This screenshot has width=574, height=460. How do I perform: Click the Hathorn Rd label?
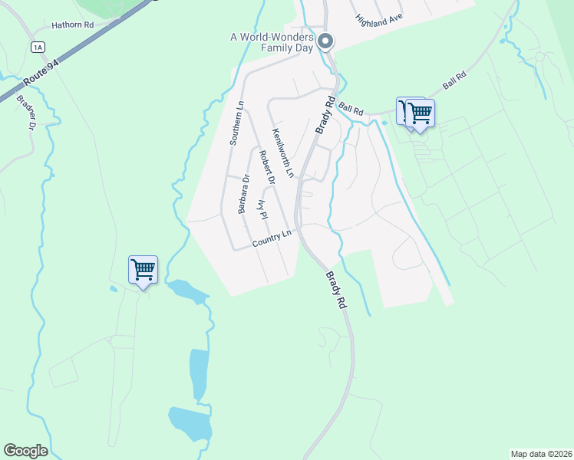click(x=72, y=25)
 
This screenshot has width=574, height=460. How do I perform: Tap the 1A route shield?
click(x=38, y=48)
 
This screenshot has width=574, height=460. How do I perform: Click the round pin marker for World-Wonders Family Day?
click(x=325, y=41)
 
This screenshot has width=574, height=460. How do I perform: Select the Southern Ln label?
click(x=237, y=123)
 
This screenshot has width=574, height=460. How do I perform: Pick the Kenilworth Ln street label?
click(x=282, y=152)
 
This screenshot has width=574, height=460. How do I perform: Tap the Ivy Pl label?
click(x=262, y=211)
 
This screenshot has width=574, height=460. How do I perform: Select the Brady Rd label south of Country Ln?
click(x=336, y=290)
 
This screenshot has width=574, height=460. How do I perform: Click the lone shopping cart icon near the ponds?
click(x=143, y=269)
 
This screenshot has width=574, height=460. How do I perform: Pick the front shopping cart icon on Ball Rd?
click(x=420, y=113)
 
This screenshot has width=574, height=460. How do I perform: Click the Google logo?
click(x=25, y=451)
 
